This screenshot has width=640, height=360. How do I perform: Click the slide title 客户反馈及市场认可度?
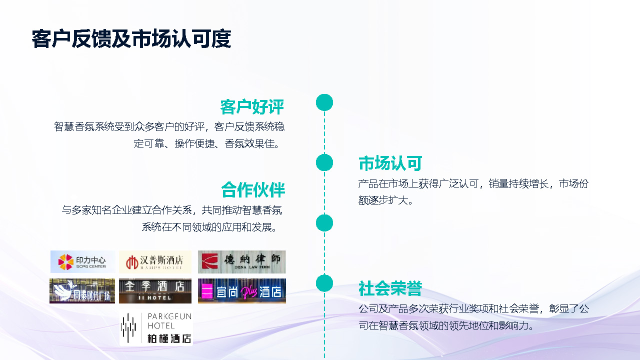[131, 39]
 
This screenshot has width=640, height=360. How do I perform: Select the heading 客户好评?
[252, 107]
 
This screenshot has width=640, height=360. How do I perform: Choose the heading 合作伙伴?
[253, 190]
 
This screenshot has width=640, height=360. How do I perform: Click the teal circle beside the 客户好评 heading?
[324, 102]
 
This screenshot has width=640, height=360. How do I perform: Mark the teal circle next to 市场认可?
[324, 162]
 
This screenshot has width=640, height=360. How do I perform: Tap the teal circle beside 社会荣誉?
[324, 283]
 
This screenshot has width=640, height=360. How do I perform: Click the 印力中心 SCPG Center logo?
[82, 261]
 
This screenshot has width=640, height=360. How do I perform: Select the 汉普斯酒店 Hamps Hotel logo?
[155, 261]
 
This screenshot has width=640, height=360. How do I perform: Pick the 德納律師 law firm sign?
[242, 261]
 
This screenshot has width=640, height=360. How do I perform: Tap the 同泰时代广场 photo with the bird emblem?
[82, 291]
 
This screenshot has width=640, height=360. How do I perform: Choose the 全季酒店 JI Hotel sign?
[155, 291]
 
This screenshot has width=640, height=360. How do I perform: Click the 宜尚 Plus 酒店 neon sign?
[242, 291]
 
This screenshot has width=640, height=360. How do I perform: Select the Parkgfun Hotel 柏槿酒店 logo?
[156, 328]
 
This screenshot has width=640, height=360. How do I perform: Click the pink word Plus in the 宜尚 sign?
[249, 291]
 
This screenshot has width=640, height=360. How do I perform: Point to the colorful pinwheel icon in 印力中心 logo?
[65, 261]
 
